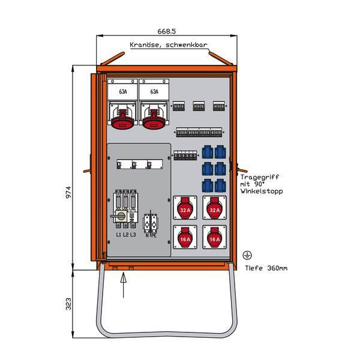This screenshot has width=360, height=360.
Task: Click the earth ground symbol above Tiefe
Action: (247, 256)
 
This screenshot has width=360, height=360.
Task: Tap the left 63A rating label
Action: (123, 92)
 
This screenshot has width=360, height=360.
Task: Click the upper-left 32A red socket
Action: (185, 209)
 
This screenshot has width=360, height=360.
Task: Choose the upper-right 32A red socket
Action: (214, 209)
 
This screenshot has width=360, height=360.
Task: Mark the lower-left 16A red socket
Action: (185, 239)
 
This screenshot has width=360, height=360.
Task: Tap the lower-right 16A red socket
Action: (214, 239)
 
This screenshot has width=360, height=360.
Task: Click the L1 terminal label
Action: (119, 234)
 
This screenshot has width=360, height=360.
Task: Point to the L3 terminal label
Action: (133, 234)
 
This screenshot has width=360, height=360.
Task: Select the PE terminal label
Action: (155, 235)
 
